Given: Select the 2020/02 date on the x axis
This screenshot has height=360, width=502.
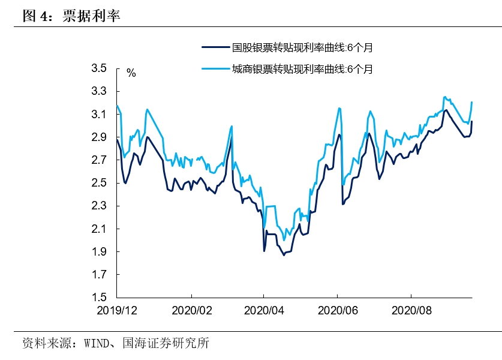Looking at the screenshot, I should pos(191,311).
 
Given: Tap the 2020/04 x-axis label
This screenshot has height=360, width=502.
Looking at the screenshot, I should pos(264,311).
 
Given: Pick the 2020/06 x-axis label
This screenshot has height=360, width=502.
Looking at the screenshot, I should pos(338,311).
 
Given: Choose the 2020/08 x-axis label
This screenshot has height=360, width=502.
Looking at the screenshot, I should pos(411,311).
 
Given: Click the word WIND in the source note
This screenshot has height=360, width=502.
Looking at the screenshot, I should pos(97,344).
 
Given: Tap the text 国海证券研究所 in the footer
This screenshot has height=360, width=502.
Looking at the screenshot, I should pos(166,344).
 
